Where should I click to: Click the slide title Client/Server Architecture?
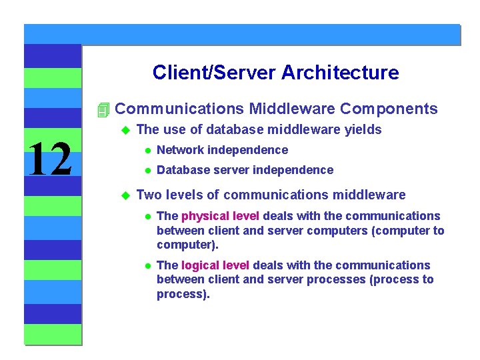275,72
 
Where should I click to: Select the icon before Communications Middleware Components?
102,109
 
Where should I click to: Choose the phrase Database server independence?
245,170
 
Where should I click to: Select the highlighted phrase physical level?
220,216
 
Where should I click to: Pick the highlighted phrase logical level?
215,265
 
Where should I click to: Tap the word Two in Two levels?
147,195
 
